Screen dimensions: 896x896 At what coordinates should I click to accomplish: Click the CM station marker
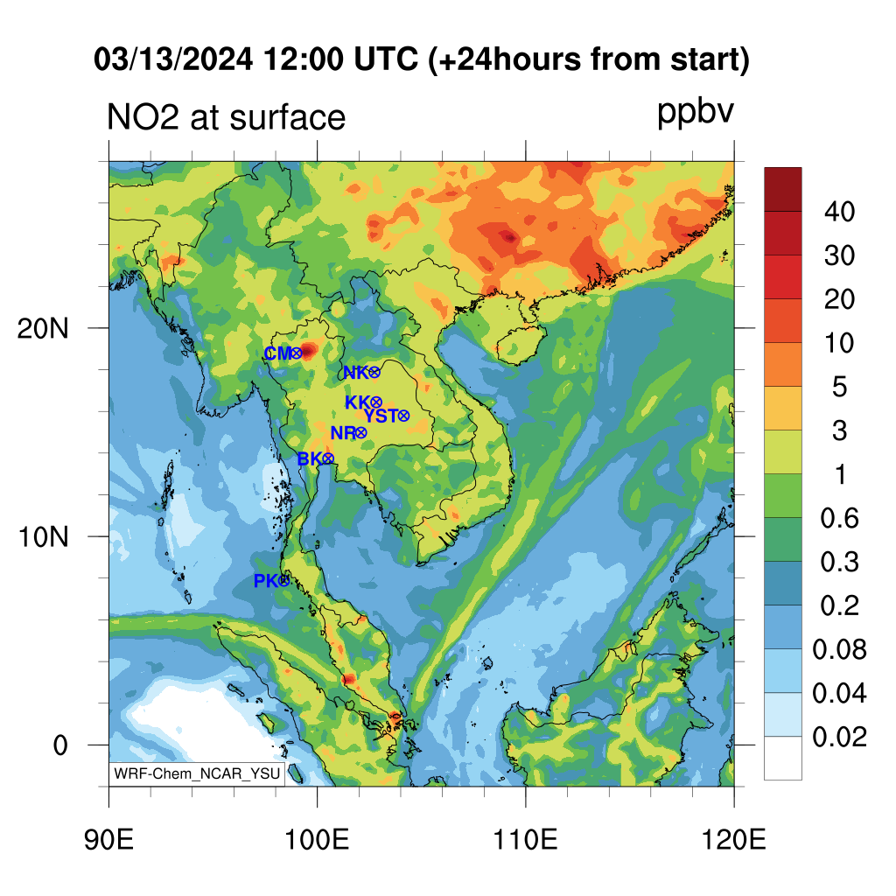[297, 353]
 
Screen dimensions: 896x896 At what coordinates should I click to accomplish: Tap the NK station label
[355, 373]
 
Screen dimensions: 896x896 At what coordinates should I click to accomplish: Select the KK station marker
[375, 402]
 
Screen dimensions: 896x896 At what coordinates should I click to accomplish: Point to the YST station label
[381, 416]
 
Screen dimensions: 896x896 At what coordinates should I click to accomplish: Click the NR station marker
[360, 432]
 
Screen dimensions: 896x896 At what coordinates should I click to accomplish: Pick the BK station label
[310, 458]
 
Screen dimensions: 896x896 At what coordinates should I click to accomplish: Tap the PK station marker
[283, 581]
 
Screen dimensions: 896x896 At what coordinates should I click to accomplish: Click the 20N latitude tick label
[43, 329]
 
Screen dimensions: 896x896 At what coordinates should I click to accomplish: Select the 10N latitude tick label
[43, 537]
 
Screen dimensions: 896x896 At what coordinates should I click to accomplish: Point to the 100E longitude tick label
[317, 840]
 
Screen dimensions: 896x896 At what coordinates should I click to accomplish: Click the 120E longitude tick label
[734, 840]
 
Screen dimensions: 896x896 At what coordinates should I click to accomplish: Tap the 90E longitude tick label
[108, 840]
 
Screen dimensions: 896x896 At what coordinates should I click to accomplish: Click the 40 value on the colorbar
[839, 212]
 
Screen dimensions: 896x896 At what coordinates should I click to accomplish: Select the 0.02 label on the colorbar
[839, 737]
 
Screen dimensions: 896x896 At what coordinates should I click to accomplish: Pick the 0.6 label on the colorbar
[839, 518]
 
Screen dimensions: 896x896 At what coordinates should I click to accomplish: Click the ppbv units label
[696, 113]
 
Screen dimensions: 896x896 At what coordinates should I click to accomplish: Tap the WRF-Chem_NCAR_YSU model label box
[197, 773]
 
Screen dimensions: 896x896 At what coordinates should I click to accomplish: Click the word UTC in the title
[386, 59]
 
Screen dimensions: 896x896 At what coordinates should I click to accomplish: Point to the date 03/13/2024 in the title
[173, 59]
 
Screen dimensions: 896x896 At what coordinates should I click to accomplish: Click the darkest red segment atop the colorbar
[783, 190]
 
